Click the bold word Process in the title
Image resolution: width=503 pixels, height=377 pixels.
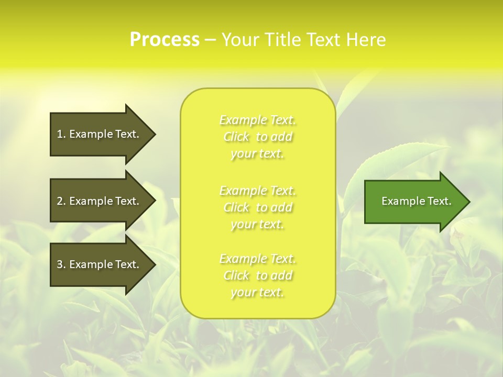(x=165, y=40)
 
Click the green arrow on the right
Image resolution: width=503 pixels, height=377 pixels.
(x=414, y=202)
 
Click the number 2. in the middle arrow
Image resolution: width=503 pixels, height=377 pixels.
(x=61, y=201)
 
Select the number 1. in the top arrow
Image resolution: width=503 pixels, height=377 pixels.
(x=61, y=134)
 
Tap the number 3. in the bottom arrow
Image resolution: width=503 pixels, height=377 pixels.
(x=61, y=264)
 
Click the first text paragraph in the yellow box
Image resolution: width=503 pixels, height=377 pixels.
(x=258, y=137)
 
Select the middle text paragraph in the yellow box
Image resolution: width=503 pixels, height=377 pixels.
(x=258, y=207)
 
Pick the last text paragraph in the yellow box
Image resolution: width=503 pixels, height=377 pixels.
(x=258, y=275)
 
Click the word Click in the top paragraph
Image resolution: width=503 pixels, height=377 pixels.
(x=236, y=137)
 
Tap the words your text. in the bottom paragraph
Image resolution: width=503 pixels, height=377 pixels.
(x=257, y=292)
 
